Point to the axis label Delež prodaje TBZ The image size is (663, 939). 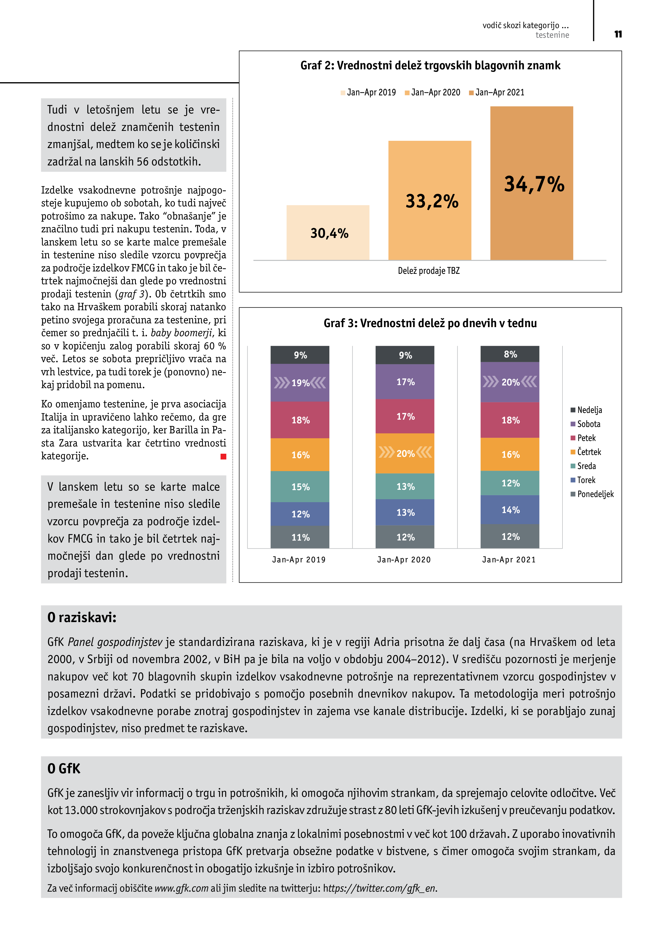[429, 271]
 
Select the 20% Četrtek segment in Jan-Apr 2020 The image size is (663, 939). [405, 453]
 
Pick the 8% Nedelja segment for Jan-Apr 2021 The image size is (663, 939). [510, 354]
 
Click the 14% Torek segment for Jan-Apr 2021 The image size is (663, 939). [510, 510]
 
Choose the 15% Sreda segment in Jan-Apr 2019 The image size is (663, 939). [300, 487]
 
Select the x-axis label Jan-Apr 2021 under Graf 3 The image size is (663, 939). [508, 559]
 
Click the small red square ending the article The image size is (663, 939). [223, 456]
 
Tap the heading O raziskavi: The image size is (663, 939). [82, 617]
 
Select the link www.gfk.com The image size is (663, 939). [181, 888]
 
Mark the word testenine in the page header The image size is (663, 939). [552, 35]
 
